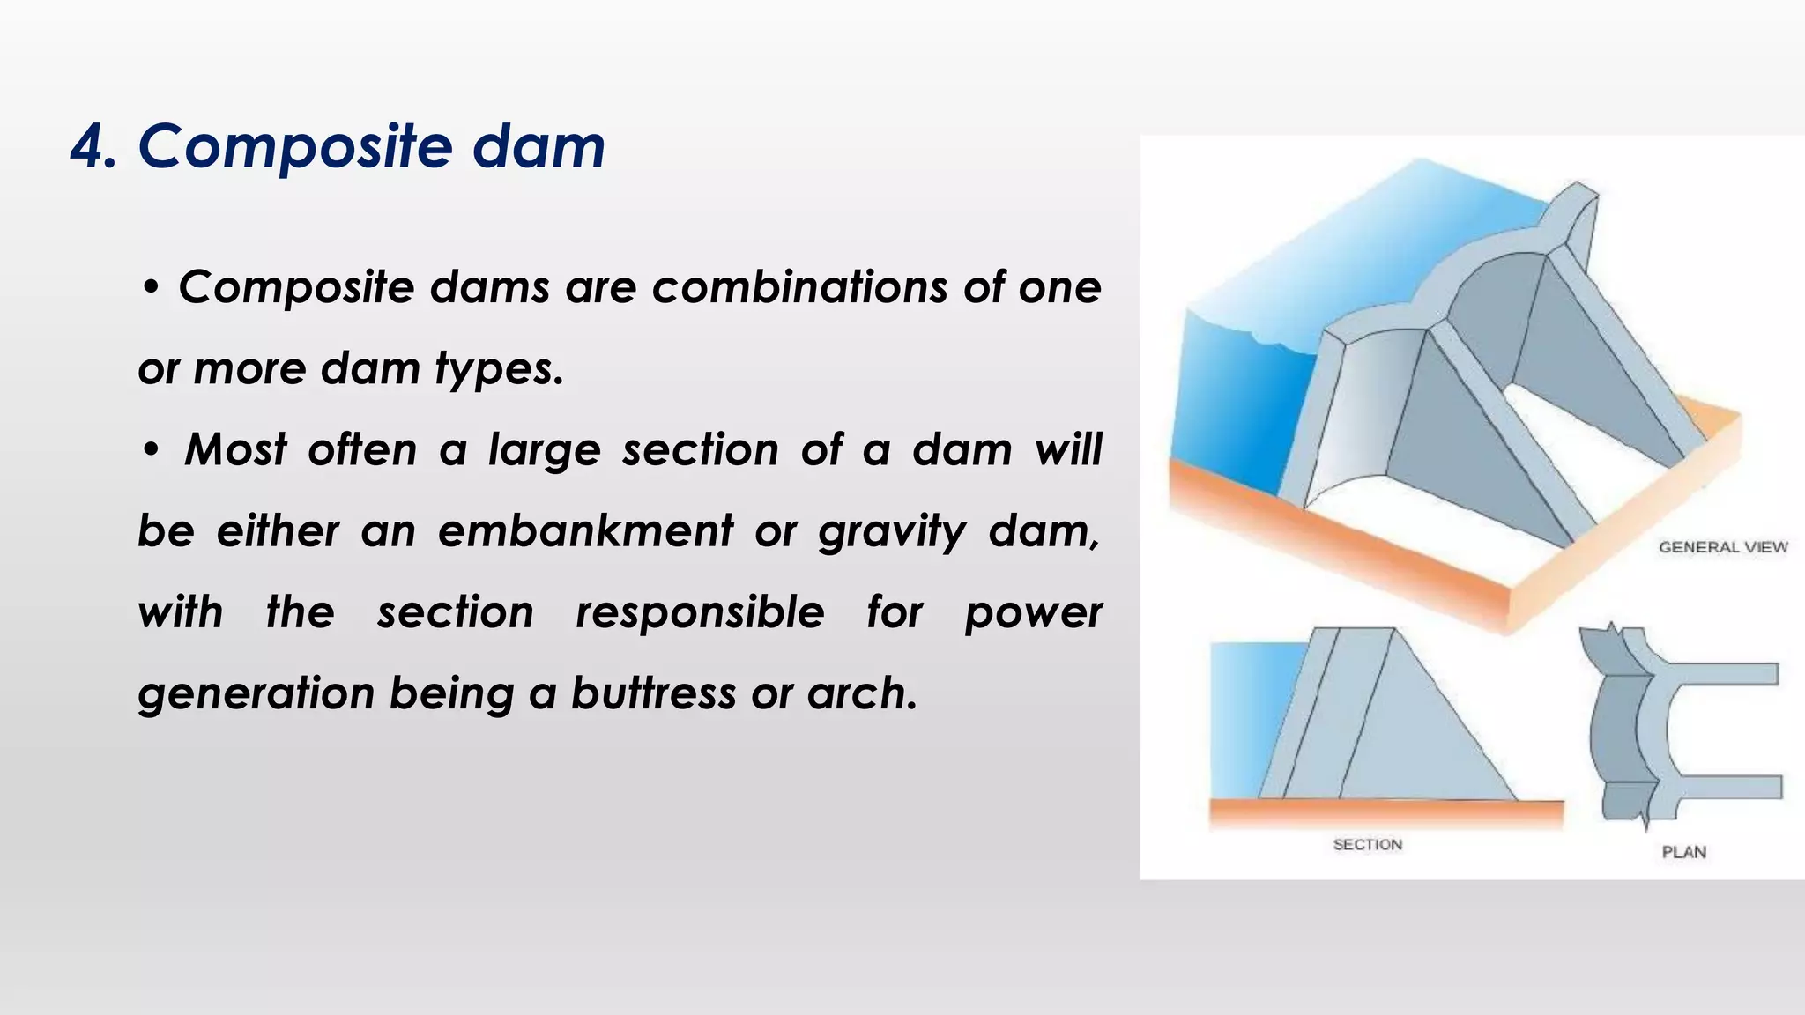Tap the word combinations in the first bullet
pyautogui.click(x=799, y=287)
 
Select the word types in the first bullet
pyautogui.click(x=498, y=369)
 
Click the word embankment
pyautogui.click(x=585, y=531)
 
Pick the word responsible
pyautogui.click(x=700, y=612)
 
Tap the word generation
pyautogui.click(x=256, y=694)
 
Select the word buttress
pyautogui.click(x=653, y=693)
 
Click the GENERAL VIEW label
pyautogui.click(x=1722, y=547)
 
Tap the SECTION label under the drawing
pyautogui.click(x=1367, y=845)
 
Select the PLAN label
pyautogui.click(x=1683, y=852)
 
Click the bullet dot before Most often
pyautogui.click(x=152, y=450)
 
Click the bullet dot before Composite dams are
pyautogui.click(x=152, y=288)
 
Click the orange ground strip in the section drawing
pyautogui.click(x=1384, y=812)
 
